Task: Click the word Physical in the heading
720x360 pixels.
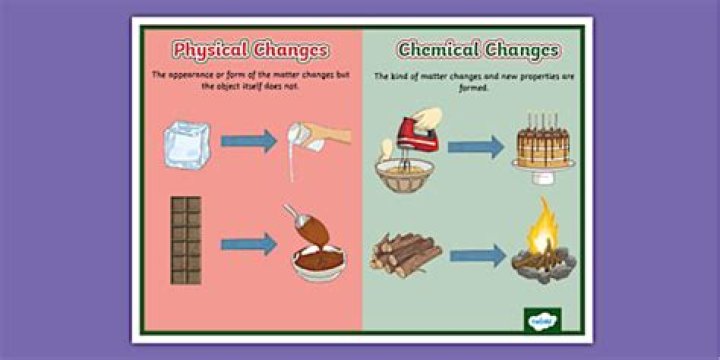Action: [x=210, y=49]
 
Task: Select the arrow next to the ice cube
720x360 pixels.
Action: [x=248, y=141]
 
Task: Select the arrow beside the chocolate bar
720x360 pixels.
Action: [x=248, y=243]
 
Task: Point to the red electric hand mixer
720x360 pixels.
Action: [x=416, y=131]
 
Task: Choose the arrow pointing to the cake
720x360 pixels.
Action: [x=476, y=148]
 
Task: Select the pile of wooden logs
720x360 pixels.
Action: [x=405, y=252]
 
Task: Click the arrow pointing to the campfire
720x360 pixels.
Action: [x=477, y=256]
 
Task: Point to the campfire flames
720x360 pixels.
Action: [x=544, y=229]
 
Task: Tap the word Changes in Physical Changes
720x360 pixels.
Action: [x=291, y=49]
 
